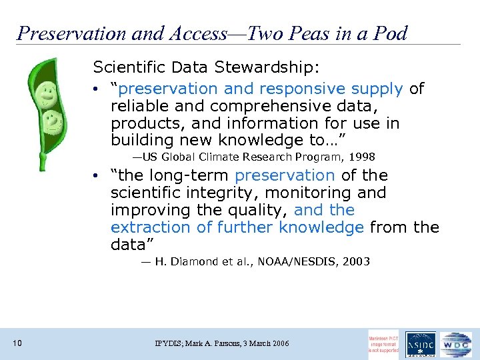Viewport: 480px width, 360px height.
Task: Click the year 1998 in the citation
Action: (362, 157)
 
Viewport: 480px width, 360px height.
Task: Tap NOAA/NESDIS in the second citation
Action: (305, 262)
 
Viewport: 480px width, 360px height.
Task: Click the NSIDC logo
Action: (420, 345)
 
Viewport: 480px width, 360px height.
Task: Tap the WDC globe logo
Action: (455, 345)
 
